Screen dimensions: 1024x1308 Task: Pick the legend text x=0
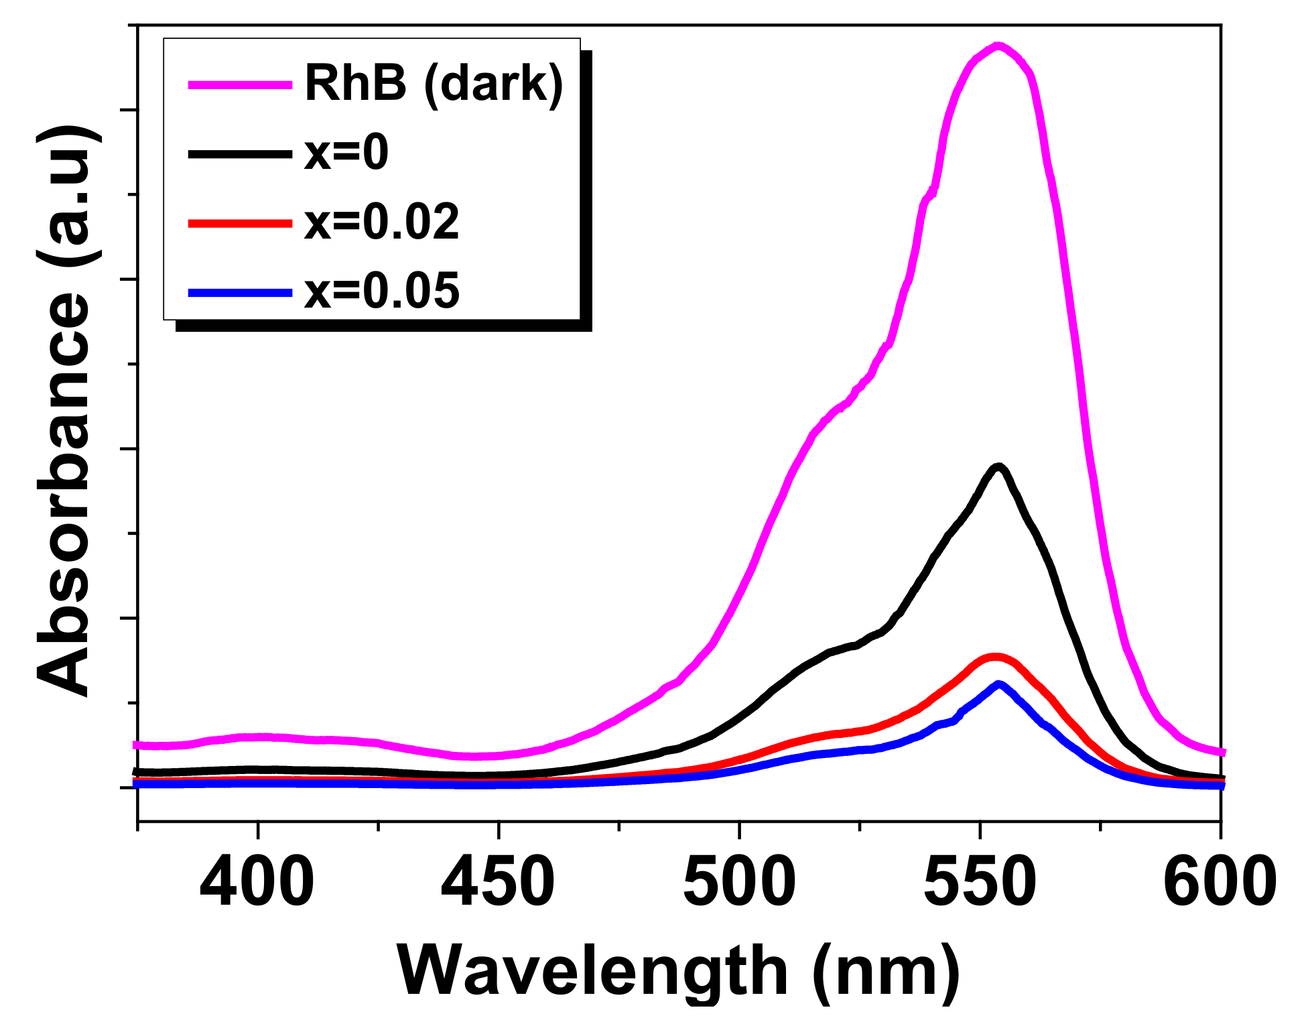coord(346,153)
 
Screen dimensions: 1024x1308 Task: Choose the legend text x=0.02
coord(382,222)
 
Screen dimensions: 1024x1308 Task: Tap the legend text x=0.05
coord(382,292)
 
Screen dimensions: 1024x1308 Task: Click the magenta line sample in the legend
coord(240,84)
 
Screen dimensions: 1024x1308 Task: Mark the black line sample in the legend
coord(240,153)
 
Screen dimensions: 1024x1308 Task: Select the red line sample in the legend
coord(240,222)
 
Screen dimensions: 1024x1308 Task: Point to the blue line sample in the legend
coord(240,292)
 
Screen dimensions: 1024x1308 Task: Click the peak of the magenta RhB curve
coord(998,46)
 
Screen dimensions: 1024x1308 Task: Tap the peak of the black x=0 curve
coord(998,466)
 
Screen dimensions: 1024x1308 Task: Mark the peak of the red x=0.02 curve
coord(995,657)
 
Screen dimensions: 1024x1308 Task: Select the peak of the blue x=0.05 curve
coord(999,684)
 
